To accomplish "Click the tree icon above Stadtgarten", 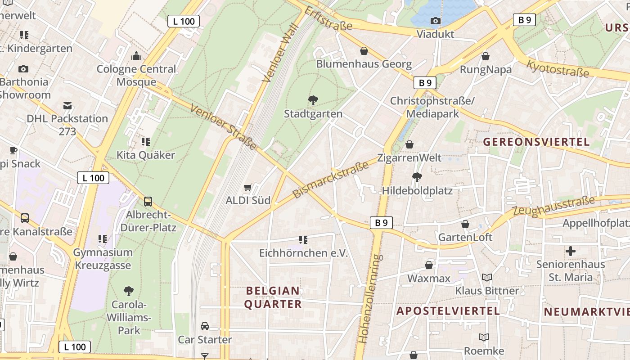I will point(313,100).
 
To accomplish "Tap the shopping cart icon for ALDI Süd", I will point(247,187).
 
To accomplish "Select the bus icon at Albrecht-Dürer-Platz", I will point(148,201).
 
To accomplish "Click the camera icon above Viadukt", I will point(435,21).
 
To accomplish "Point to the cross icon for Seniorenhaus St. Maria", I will point(571,251).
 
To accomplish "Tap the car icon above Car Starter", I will point(205,326).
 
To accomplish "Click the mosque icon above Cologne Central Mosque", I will point(136,56).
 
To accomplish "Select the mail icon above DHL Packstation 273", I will point(67,106).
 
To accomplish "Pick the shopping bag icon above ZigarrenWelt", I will point(409,144).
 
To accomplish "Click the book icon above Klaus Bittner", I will point(487,277).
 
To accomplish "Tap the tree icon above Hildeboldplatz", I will point(417,177).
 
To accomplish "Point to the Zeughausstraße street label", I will point(553,205).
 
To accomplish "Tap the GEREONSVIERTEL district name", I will point(536,142).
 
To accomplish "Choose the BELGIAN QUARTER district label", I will point(272,297).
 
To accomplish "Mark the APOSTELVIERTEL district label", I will point(448,311).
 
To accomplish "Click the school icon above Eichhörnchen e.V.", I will point(303,240).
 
